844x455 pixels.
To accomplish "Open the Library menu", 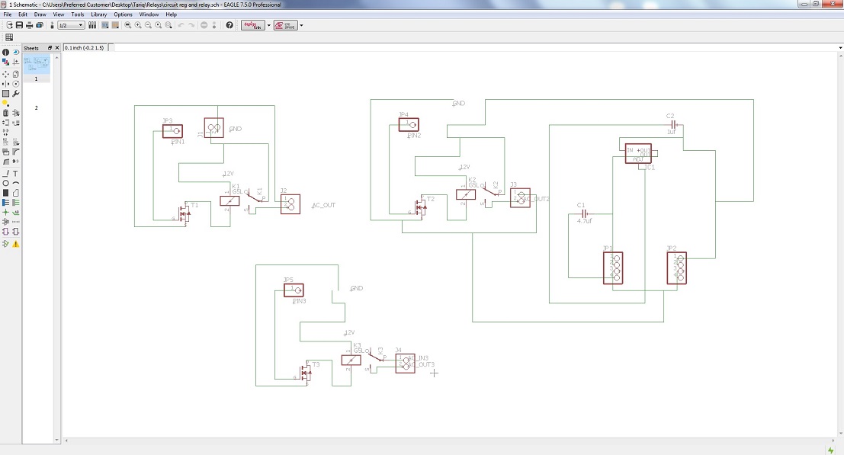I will pos(98,14).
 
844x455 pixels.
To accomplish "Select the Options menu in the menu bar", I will pos(123,14).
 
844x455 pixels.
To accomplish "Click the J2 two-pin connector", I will pos(290,203).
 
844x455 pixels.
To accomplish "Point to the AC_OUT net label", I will pos(324,206).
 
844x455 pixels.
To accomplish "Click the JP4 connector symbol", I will pos(409,125).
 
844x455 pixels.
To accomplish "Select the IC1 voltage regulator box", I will pos(638,153).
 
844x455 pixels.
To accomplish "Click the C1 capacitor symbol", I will pos(584,213).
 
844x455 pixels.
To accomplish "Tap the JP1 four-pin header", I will pos(613,268).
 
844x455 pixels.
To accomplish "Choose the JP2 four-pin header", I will pos(676,268).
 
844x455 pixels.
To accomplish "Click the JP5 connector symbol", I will pos(294,290).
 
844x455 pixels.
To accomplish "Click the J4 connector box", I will pos(405,363).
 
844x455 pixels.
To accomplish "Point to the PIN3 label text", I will pos(300,301).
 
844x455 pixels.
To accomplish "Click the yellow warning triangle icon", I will pos(15,244).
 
